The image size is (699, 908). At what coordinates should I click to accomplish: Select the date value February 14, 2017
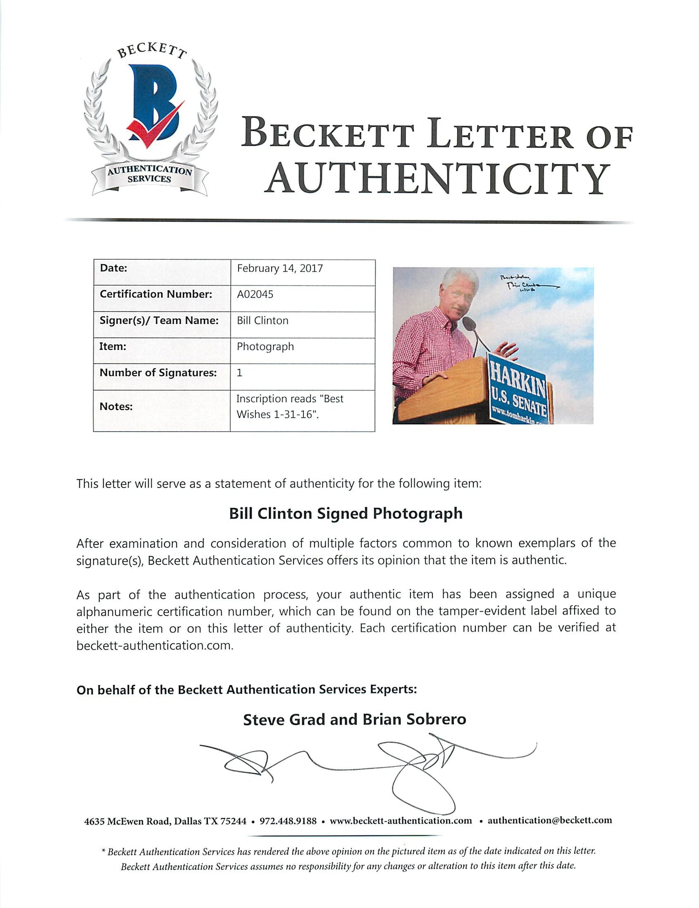[x=280, y=268]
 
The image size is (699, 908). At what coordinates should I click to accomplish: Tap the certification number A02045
[x=255, y=294]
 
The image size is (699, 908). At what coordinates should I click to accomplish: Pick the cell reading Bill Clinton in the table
[x=262, y=320]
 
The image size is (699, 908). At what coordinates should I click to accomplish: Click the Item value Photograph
[x=265, y=346]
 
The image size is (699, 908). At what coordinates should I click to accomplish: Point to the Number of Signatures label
[x=158, y=373]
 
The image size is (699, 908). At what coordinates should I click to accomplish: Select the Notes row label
[x=116, y=406]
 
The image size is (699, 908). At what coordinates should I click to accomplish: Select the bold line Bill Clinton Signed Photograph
[x=345, y=513]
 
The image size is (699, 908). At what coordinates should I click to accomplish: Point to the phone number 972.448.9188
[x=288, y=820]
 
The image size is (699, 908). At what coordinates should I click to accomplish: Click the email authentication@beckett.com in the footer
[x=549, y=820]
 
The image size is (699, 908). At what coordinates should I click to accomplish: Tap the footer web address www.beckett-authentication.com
[x=401, y=820]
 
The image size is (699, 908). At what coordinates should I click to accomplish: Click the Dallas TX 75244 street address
[x=165, y=821]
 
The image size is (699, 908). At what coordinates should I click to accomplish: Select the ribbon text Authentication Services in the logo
[x=150, y=175]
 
